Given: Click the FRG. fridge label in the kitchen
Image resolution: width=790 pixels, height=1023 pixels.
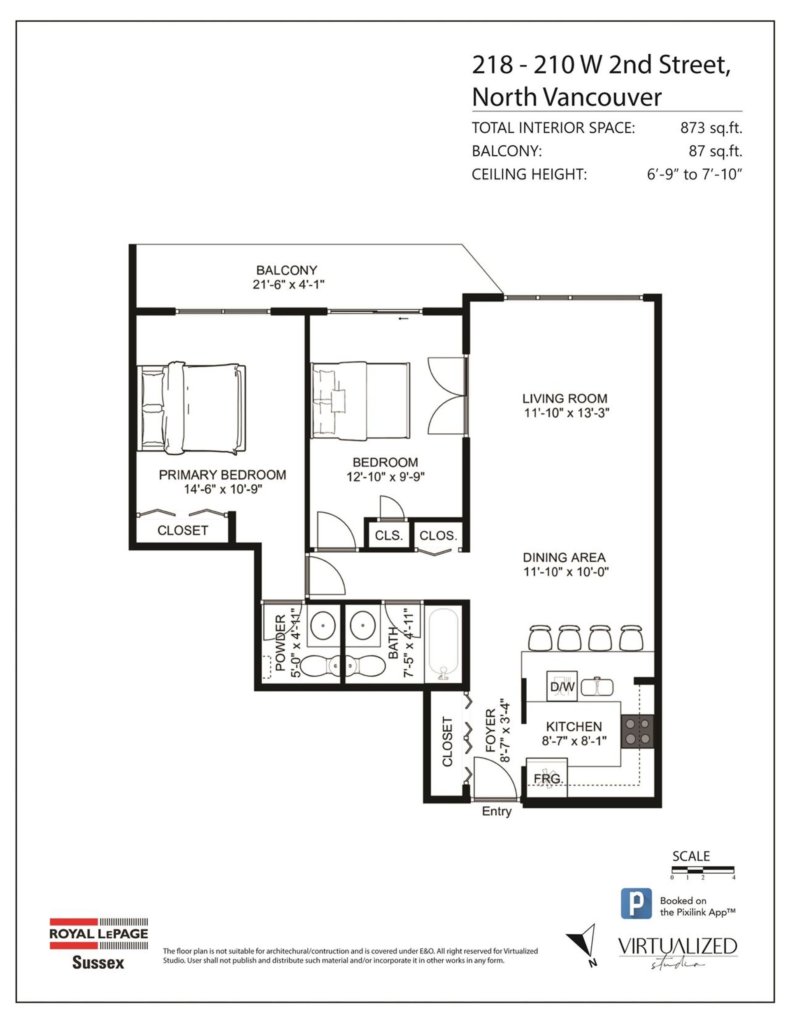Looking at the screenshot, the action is (548, 779).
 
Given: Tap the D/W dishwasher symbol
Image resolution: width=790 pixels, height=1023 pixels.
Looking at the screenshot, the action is (562, 687).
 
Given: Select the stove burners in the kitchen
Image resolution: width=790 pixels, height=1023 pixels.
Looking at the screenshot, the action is (637, 732).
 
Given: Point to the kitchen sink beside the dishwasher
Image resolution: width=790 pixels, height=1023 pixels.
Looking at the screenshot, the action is (597, 687).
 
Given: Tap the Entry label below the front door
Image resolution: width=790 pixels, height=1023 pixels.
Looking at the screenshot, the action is (497, 812).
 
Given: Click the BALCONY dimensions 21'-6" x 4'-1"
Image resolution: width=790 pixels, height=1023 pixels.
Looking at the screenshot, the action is (288, 284).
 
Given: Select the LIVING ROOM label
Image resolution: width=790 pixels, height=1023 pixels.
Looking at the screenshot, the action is (565, 399).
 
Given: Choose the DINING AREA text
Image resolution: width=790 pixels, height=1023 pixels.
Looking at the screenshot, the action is (564, 558).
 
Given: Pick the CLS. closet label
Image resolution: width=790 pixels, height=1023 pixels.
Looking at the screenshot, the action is (389, 535).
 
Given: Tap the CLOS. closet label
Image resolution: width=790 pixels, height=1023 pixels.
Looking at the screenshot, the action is (438, 535).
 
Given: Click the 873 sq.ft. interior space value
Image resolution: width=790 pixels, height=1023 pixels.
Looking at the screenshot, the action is (711, 128).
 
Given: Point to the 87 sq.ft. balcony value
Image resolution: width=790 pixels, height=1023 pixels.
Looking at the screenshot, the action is (716, 151).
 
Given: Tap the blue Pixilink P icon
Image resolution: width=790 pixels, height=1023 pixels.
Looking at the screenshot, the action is (637, 903).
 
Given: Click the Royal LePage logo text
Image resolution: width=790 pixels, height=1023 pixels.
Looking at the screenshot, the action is (99, 934).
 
